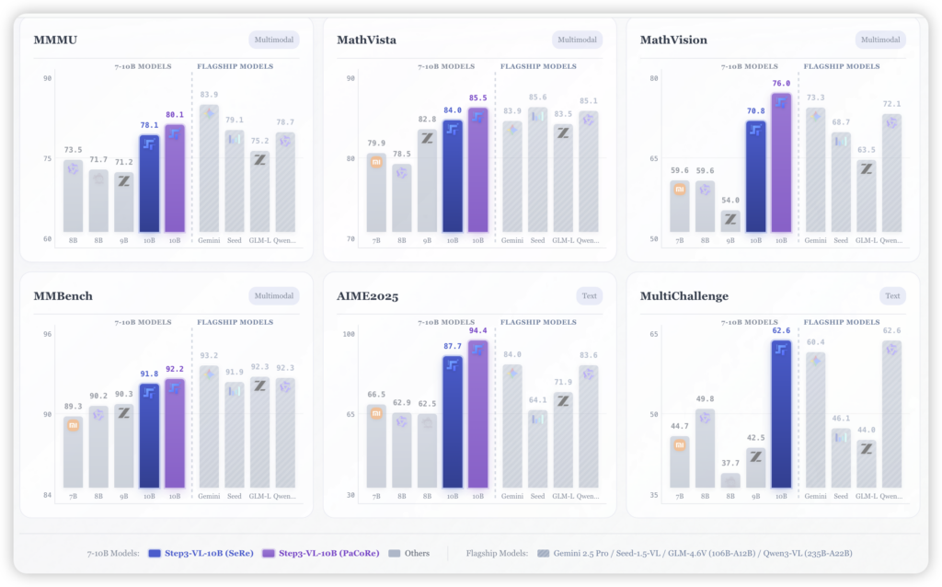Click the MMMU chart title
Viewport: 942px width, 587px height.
(54, 40)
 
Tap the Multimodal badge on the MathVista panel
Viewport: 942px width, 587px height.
(577, 40)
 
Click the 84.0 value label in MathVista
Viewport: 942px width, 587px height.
(452, 110)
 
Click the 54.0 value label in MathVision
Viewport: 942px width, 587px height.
(730, 200)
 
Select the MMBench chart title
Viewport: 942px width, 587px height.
(63, 296)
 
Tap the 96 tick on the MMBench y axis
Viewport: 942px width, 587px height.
(47, 333)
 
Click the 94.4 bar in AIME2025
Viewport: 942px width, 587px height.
(477, 414)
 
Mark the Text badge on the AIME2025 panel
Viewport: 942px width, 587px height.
(590, 295)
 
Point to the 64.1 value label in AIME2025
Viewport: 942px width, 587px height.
(537, 399)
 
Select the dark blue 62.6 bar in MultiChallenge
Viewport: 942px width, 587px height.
(781, 413)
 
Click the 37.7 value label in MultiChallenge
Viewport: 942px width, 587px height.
(730, 463)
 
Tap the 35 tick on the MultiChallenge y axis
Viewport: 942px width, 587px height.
(653, 495)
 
